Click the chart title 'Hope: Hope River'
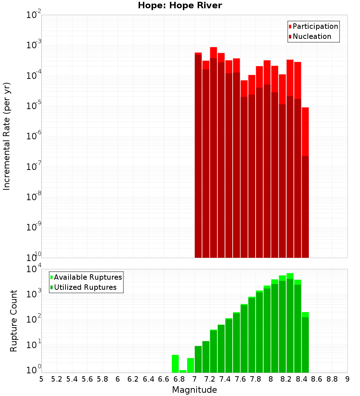pos(180,6)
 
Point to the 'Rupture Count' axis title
pos(14,321)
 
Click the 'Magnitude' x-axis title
pos(194,390)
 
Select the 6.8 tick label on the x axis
pos(179,379)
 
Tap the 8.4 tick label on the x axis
pos(301,379)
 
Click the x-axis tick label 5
pos(41,379)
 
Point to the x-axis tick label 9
pos(347,379)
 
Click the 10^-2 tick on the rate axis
pos(34,15)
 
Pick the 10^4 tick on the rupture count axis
pos(34,269)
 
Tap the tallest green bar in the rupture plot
pos(290,324)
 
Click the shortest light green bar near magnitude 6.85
pos(183,371)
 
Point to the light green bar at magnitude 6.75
pos(175,364)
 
